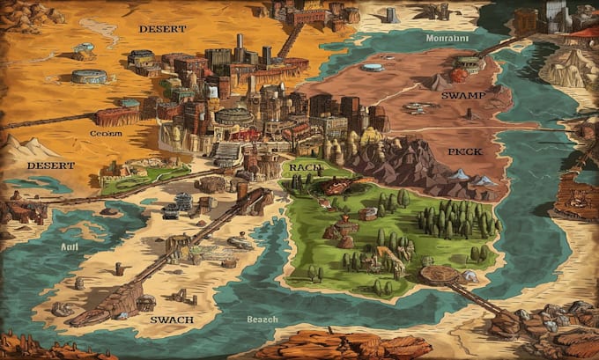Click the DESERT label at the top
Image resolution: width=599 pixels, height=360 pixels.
point(162,29)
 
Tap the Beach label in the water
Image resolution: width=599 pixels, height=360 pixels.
point(262,319)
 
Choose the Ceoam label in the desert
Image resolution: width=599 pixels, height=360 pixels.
point(106,133)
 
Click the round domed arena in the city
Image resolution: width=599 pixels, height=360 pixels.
point(233,116)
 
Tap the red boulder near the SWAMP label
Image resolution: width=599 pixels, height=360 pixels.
point(460,76)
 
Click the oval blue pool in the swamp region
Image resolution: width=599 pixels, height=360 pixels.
point(373,68)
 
